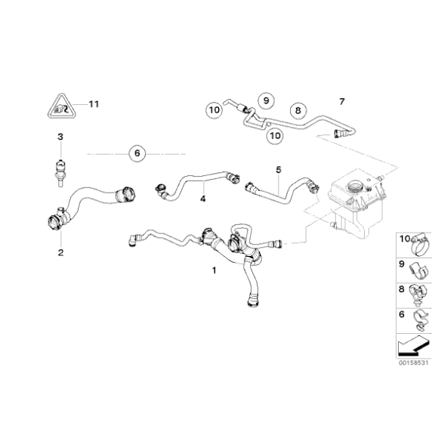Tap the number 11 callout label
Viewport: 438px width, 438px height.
[x=94, y=103]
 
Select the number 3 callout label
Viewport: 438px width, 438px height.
[x=60, y=137]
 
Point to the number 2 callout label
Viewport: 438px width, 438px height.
[x=60, y=253]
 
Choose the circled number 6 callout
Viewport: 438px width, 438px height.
[x=137, y=153]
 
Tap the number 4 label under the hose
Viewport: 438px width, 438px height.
[x=202, y=199]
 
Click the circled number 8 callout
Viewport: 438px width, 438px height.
[x=298, y=110]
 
